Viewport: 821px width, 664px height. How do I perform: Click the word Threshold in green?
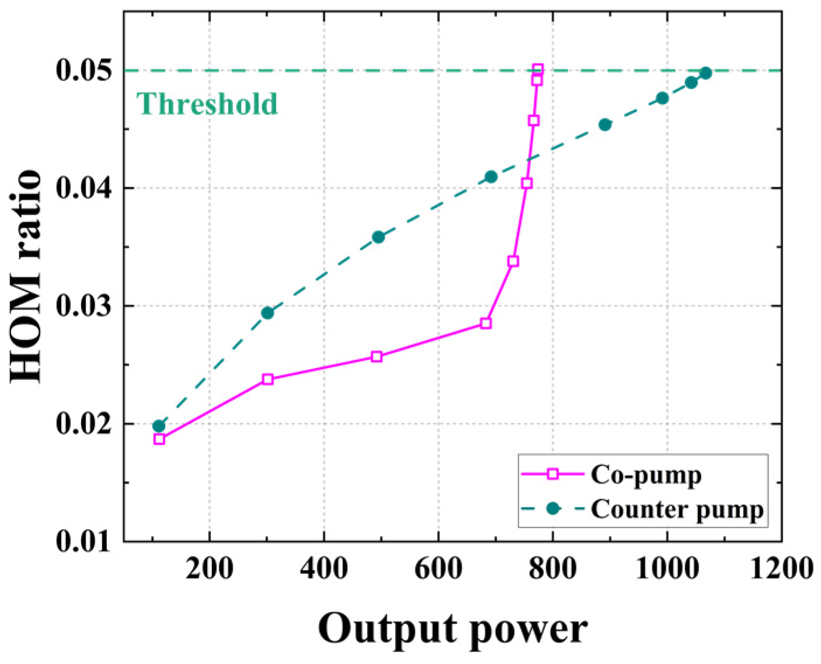click(x=207, y=104)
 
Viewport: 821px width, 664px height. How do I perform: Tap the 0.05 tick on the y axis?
click(x=83, y=70)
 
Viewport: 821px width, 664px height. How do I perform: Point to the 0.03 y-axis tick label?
click(x=83, y=306)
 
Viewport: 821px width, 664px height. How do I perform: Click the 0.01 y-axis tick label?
click(x=83, y=541)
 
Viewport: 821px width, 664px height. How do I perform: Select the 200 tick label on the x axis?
click(x=209, y=568)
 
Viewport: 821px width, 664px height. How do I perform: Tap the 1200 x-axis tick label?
click(x=781, y=568)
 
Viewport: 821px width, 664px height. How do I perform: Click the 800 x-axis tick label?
click(x=552, y=568)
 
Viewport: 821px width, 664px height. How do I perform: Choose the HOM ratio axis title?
click(x=26, y=276)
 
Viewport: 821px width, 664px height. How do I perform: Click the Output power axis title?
click(x=452, y=630)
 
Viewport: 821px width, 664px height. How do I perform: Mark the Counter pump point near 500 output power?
click(x=378, y=237)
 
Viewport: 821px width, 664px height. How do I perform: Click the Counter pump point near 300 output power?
click(x=268, y=313)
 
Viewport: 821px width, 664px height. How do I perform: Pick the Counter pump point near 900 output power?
click(x=605, y=124)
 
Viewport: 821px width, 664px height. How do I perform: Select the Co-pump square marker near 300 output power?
click(x=268, y=379)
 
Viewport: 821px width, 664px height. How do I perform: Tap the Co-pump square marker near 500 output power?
click(x=377, y=356)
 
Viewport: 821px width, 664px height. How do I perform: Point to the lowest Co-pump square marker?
click(x=159, y=439)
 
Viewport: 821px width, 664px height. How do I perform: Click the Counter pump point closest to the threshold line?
click(x=705, y=73)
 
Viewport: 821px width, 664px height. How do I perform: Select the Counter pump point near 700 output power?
click(x=491, y=177)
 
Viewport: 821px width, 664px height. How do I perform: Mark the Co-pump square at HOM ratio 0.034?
click(x=513, y=261)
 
